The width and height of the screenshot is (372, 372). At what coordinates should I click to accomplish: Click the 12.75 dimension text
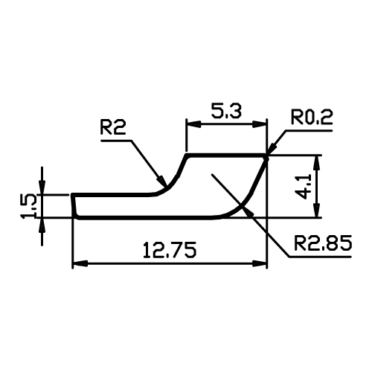170,249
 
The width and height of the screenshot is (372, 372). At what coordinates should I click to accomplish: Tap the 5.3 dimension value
226,111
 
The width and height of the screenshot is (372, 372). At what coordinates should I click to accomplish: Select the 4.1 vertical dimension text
304,187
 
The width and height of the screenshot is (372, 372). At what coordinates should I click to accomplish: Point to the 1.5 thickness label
29,206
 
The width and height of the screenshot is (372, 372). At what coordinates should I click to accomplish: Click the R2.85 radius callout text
323,243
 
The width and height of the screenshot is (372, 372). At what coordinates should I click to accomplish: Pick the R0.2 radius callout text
312,117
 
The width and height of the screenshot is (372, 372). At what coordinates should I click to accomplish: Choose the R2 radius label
113,127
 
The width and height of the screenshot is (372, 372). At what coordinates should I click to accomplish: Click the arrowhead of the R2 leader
162,182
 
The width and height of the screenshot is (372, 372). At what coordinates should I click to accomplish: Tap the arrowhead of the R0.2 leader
272,150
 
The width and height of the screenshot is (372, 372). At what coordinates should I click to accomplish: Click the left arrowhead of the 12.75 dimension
80,263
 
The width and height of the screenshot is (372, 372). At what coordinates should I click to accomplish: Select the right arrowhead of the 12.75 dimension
260,263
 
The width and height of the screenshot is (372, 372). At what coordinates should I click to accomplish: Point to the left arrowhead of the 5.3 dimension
193,124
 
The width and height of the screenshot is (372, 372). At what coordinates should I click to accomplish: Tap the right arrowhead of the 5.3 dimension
260,124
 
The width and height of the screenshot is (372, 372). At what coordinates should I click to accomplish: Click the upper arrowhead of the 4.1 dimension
317,162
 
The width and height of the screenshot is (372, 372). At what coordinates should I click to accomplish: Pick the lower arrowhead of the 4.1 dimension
317,210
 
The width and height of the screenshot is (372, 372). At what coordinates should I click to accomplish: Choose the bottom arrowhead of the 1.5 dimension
42,225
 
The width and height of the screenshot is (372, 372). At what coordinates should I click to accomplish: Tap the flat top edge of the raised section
227,155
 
